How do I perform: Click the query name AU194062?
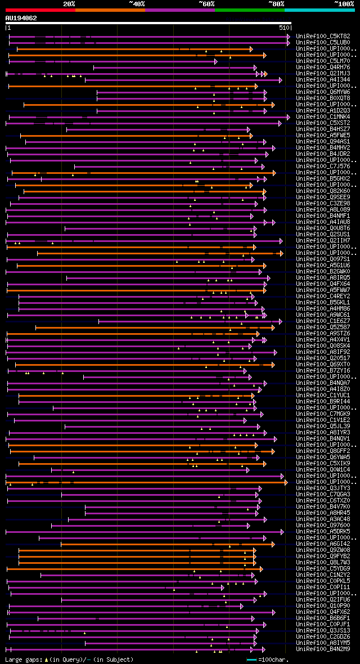[x=21, y=18]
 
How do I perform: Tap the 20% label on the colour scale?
[x=69, y=3]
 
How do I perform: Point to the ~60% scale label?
[x=206, y=3]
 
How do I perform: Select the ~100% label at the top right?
[x=344, y=3]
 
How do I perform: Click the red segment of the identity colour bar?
[x=40, y=10]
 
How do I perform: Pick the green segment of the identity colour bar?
[x=249, y=10]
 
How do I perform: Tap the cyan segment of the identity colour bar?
[x=319, y=10]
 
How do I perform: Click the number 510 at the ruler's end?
[x=283, y=27]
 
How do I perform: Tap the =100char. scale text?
[x=274, y=659]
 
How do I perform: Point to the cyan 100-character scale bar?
[x=251, y=659]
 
